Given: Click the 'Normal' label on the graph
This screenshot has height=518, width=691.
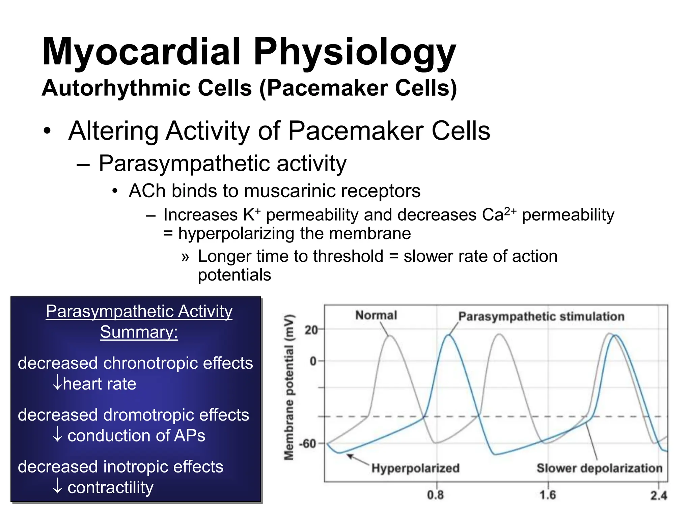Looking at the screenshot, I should (376, 315).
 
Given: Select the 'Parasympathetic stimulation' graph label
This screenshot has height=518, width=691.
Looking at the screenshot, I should (541, 317).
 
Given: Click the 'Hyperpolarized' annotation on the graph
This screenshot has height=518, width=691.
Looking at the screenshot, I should (415, 468).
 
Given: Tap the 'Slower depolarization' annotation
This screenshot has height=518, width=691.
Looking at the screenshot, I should (600, 468).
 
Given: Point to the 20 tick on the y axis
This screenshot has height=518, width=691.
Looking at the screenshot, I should (311, 330).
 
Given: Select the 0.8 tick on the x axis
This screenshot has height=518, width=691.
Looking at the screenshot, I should (435, 495).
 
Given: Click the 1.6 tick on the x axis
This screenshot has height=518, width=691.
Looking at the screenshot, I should (547, 495).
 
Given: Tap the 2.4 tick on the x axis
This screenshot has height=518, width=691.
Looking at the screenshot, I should (659, 496).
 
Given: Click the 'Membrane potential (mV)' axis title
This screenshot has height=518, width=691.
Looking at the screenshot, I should (289, 387).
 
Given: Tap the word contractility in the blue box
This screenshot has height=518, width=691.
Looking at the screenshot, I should (110, 488).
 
